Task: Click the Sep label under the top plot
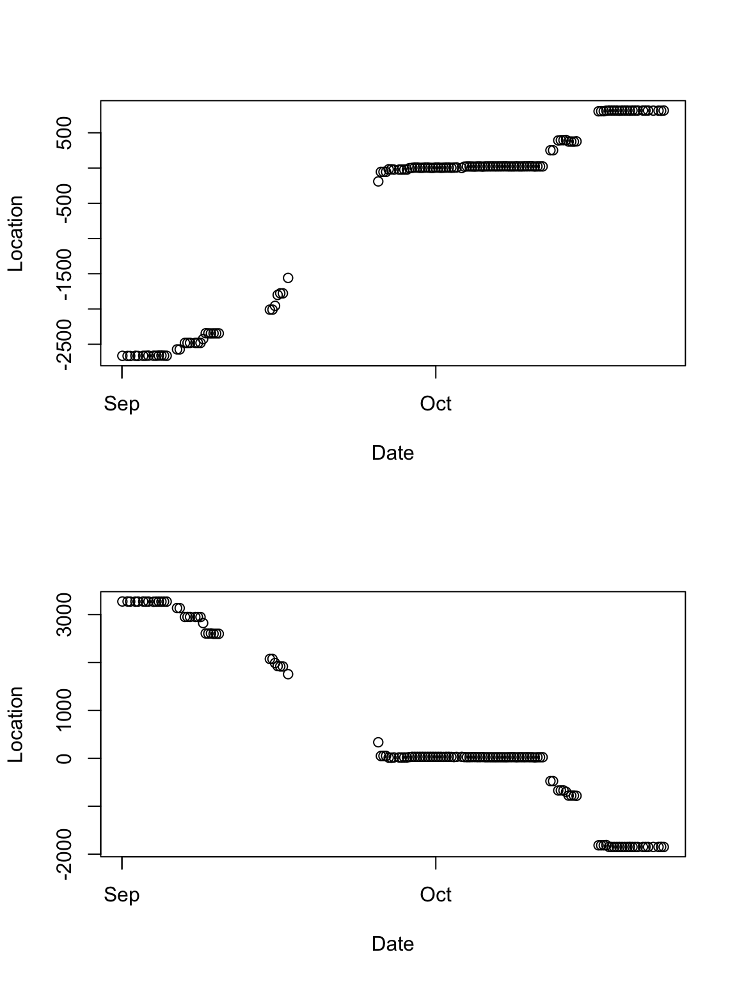point(122,404)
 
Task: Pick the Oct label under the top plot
point(436,404)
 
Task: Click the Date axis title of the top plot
point(393,453)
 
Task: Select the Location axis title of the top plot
point(15,233)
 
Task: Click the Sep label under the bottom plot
point(122,895)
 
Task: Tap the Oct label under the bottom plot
point(436,895)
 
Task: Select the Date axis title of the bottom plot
point(393,944)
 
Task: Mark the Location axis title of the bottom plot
point(15,724)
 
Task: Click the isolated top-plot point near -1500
point(288,277)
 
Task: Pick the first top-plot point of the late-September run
point(378,181)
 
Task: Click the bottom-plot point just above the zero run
point(378,742)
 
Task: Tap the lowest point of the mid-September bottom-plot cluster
point(288,674)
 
